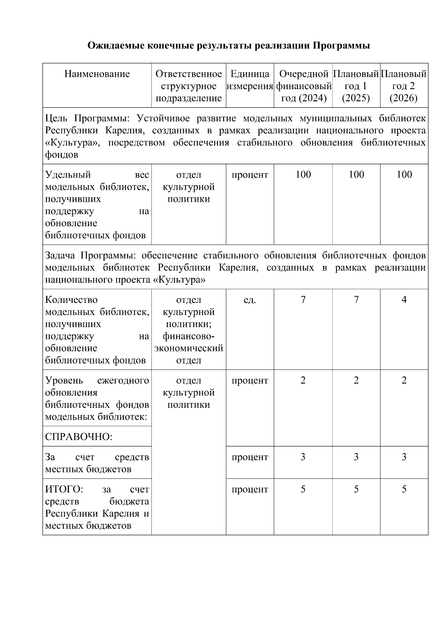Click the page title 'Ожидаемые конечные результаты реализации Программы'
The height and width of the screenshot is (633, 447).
pos(228,46)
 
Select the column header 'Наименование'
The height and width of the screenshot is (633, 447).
pos(97,74)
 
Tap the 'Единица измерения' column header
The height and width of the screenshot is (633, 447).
pos(250,80)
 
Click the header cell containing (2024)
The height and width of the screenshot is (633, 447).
pos(303,86)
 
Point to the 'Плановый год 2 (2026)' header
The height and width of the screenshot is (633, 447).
pos(404,86)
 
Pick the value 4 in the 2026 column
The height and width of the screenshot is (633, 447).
pos(404,300)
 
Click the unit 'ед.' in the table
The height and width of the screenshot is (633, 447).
pos(250,300)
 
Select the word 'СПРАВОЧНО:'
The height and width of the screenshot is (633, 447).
pos(79,437)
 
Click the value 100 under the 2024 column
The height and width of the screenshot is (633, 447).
pos(303,175)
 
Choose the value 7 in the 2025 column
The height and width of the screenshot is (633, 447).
pos(356,300)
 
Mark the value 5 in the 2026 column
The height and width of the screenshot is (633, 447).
pos(404,489)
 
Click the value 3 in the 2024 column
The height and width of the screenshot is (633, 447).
pos(303,457)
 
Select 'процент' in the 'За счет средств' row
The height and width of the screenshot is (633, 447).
pos(250,457)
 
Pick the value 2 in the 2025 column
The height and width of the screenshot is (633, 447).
pos(356,380)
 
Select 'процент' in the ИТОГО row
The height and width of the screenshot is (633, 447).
pos(250,489)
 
